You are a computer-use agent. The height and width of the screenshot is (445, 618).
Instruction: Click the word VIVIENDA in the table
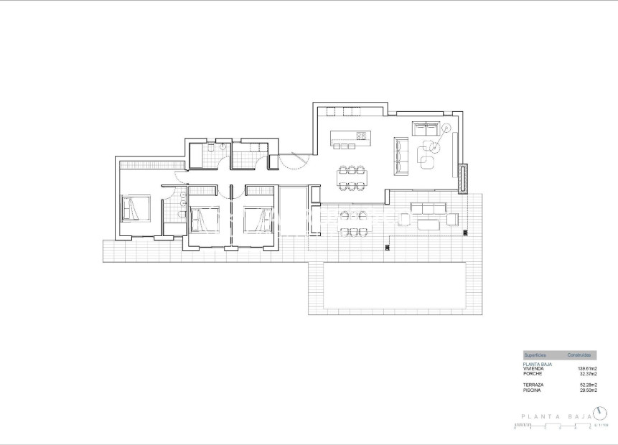(x=533, y=368)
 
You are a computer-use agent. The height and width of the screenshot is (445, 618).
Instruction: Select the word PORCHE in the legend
(x=532, y=373)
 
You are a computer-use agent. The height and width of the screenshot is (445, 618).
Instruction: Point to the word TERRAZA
(x=533, y=385)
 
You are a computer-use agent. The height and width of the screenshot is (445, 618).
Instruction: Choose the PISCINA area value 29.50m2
(x=588, y=390)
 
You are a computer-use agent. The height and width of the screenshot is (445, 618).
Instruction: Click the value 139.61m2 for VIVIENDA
(x=588, y=368)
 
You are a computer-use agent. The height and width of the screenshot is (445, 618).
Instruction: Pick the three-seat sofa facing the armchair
(x=401, y=155)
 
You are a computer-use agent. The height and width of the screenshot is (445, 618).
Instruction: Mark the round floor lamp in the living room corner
(x=446, y=128)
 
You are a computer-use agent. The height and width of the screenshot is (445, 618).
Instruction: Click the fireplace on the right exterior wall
(x=463, y=178)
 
